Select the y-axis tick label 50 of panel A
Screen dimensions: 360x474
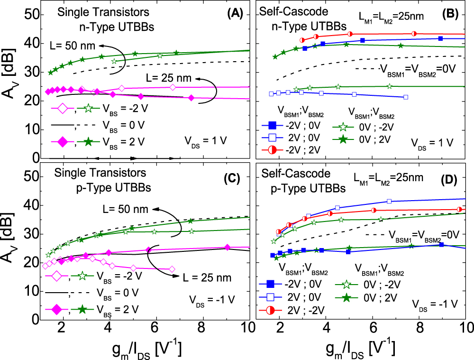point(29,15)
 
